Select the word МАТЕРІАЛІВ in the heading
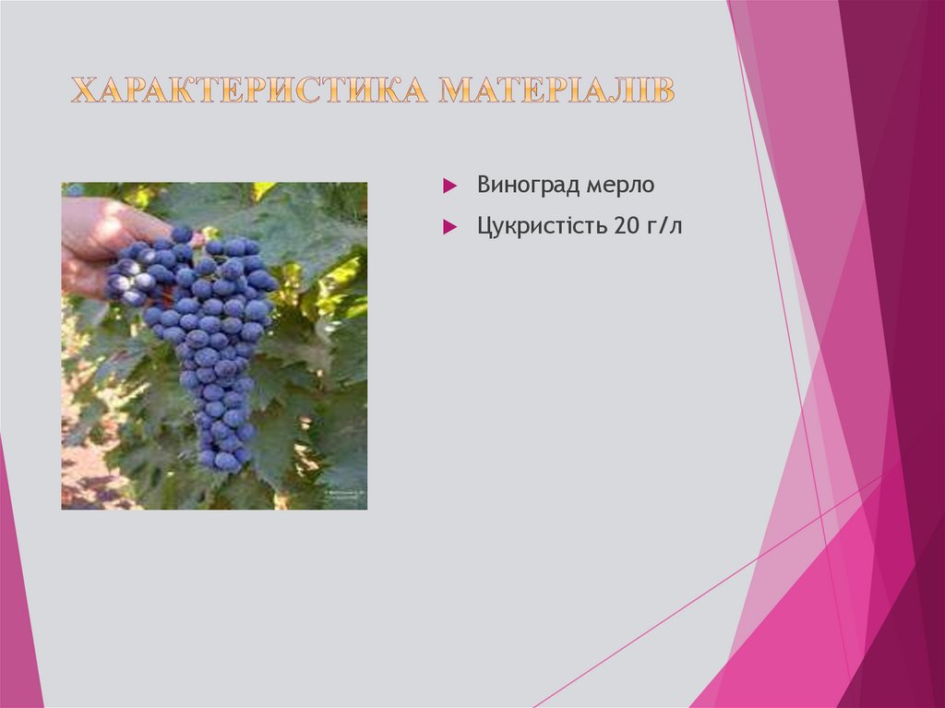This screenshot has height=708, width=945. [556, 90]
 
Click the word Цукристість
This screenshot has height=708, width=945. [540, 225]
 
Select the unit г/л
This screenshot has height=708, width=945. [664, 225]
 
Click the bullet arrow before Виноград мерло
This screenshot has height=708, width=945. [449, 186]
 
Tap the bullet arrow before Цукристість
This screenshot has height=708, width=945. [449, 226]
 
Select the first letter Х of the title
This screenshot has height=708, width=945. [83, 90]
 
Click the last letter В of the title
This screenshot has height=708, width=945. [664, 90]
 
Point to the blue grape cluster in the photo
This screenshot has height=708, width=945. [208, 332]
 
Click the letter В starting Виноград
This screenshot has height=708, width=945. [484, 186]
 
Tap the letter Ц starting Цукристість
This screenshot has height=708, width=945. [484, 225]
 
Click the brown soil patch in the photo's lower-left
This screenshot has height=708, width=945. [88, 475]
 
